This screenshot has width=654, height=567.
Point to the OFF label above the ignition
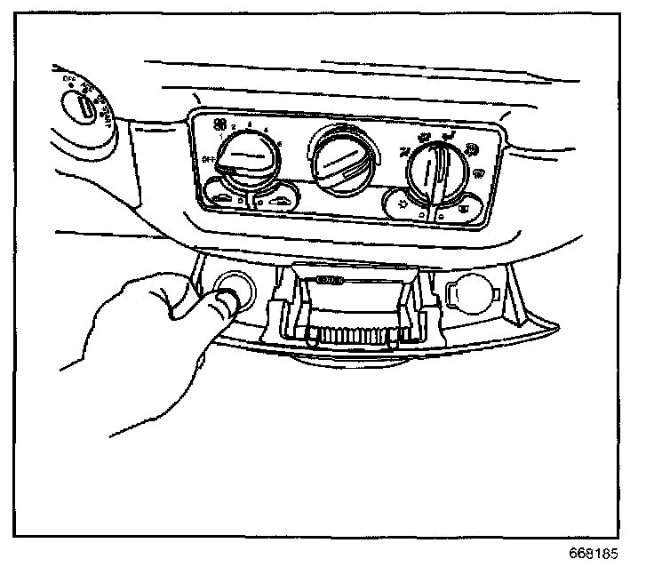click(68, 77)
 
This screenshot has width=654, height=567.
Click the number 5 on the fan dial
click(281, 144)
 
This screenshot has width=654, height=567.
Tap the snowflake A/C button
click(403, 204)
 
